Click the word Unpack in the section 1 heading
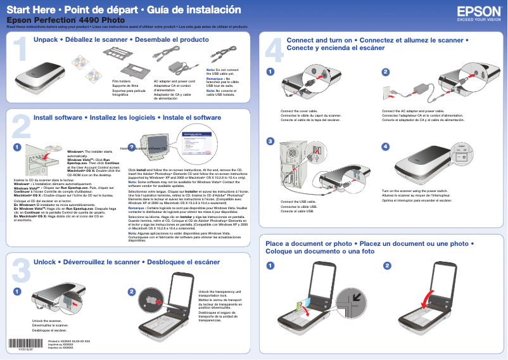coord(45,40)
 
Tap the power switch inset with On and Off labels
coord(462,154)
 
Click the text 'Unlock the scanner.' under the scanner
coord(47,321)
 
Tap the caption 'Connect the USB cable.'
coord(298,202)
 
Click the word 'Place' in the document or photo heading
coord(275,243)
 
